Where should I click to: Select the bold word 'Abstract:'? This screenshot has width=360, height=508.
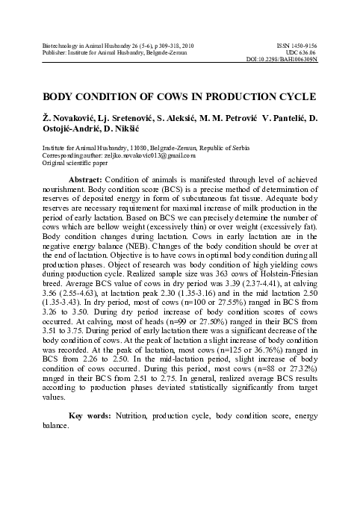coord(90,181)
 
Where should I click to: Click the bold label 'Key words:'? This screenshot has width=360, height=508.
coord(92,415)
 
